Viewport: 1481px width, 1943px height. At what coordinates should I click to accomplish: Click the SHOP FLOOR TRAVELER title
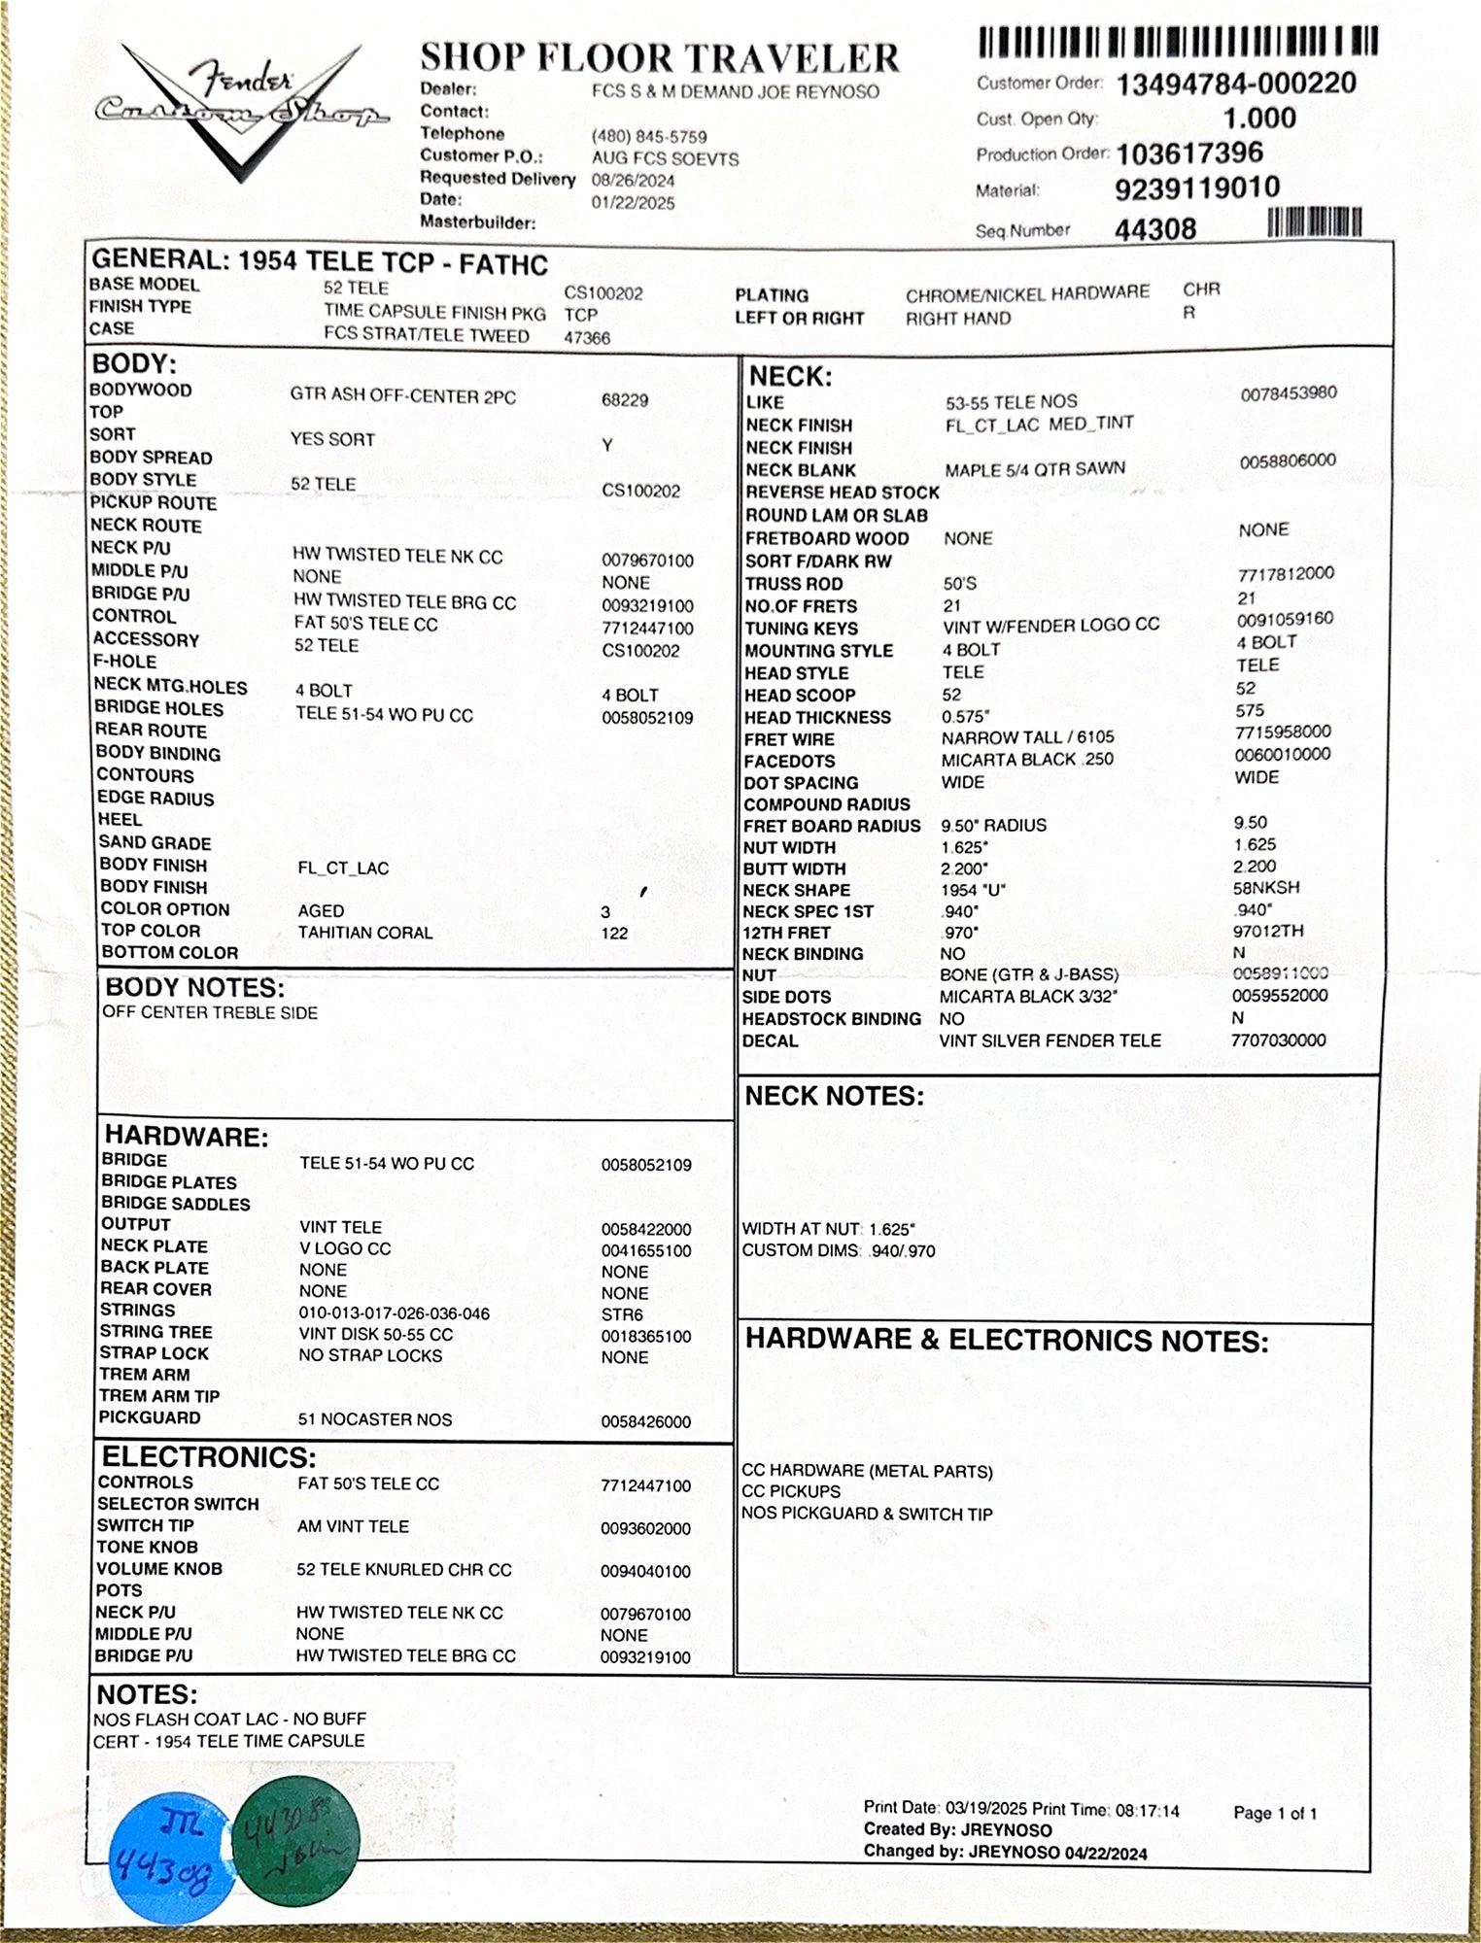point(660,58)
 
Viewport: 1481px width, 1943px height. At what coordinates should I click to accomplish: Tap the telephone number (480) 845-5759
point(649,137)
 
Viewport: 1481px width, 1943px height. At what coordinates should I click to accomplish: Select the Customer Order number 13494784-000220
point(1235,84)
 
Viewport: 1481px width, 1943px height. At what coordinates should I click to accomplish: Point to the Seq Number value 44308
point(1155,229)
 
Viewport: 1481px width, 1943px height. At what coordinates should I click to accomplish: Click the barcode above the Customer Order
point(1178,42)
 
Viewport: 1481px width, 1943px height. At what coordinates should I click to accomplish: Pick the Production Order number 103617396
point(1189,153)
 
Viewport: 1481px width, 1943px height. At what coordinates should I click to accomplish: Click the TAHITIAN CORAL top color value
point(365,933)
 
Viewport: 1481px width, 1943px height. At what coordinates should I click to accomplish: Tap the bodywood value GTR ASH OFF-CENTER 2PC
point(402,396)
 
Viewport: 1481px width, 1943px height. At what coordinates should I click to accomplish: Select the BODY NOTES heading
point(194,988)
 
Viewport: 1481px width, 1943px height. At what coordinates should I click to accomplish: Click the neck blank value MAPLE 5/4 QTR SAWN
point(1035,469)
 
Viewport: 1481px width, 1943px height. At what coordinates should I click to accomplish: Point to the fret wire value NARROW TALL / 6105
point(1027,737)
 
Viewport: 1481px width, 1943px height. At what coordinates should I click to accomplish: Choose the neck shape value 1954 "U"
point(973,890)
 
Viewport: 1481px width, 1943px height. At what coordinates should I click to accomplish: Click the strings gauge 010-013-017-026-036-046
point(395,1313)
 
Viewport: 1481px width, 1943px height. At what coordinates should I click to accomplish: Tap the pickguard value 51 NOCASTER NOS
point(375,1419)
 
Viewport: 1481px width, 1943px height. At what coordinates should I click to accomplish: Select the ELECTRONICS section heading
point(209,1457)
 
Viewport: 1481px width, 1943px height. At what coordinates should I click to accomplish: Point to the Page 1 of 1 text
point(1275,1813)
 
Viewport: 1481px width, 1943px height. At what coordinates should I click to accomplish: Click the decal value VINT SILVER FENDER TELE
point(1050,1040)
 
